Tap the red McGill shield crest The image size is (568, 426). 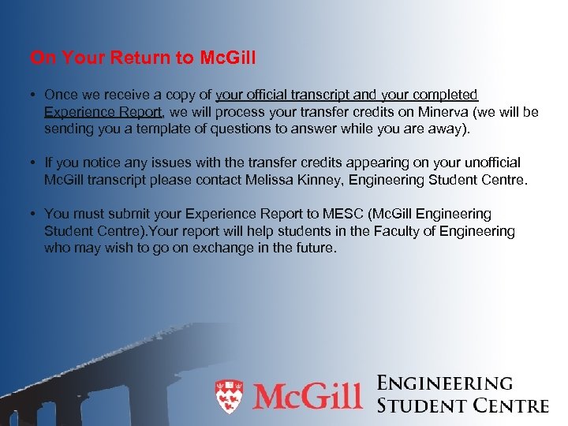point(230,397)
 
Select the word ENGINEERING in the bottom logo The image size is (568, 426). point(445,383)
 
